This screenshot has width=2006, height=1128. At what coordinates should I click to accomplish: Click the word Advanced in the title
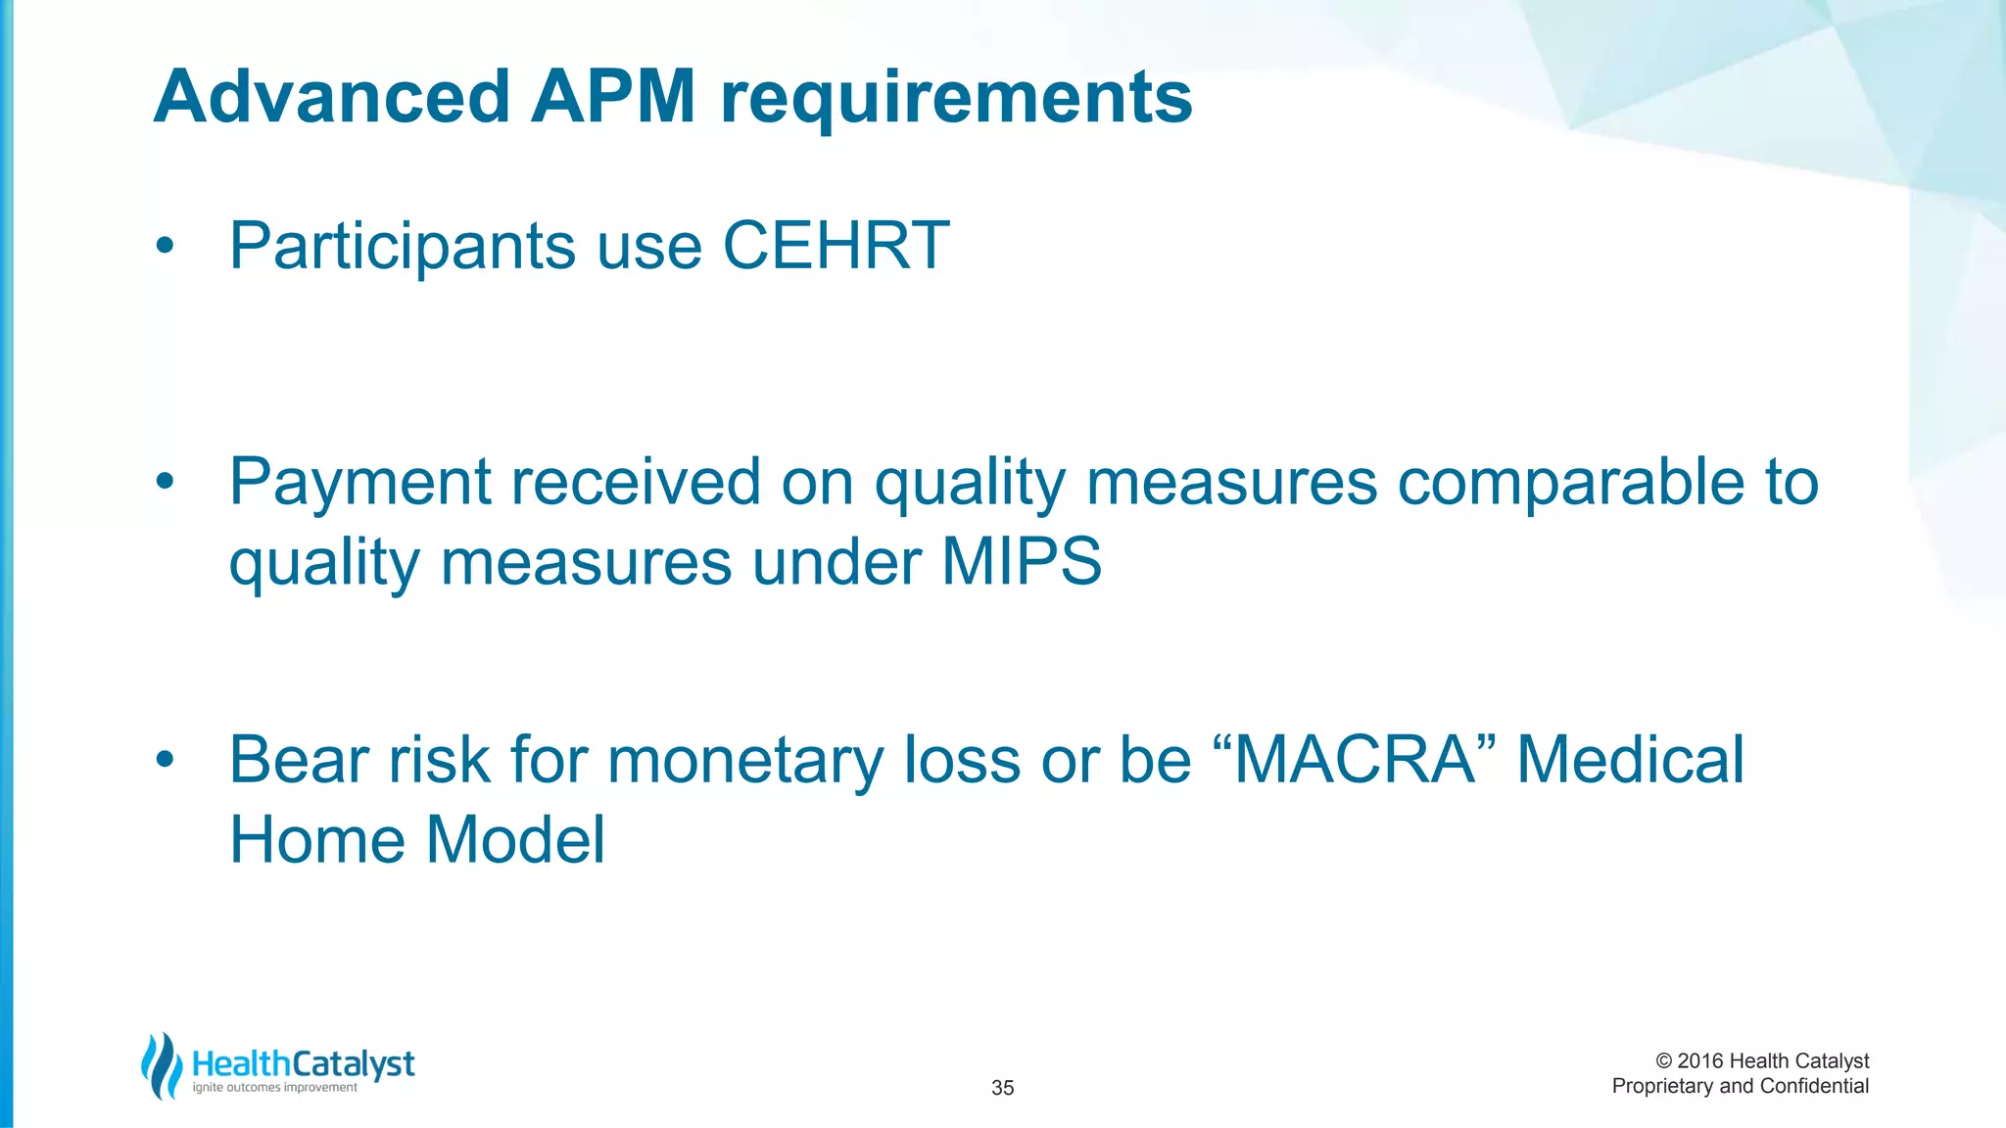[x=332, y=97]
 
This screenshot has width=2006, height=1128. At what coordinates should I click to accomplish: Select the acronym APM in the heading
[x=613, y=97]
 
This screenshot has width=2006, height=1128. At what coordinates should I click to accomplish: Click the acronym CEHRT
[x=836, y=245]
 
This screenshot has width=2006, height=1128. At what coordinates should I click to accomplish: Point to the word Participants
[x=402, y=247]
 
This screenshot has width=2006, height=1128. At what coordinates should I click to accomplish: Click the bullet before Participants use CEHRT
[x=165, y=246]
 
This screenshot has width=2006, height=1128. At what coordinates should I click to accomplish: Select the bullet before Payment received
[x=165, y=482]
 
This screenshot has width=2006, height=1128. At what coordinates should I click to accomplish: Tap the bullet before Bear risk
[x=165, y=759]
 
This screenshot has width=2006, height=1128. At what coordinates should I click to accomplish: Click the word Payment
[x=359, y=483]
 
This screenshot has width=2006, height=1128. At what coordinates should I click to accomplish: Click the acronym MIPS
[x=1022, y=562]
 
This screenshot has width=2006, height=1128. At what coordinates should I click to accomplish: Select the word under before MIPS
[x=836, y=563]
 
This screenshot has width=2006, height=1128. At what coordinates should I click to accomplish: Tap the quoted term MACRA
[x=1355, y=760]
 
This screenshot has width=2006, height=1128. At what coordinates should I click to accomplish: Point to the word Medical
[x=1630, y=760]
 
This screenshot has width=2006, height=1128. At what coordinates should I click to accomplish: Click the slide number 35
[x=1002, y=1088]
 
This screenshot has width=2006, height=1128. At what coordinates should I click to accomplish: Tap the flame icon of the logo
[x=161, y=1066]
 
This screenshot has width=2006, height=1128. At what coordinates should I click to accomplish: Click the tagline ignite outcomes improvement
[x=274, y=1088]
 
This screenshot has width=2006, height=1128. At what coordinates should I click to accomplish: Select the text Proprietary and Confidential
[x=1740, y=1086]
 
